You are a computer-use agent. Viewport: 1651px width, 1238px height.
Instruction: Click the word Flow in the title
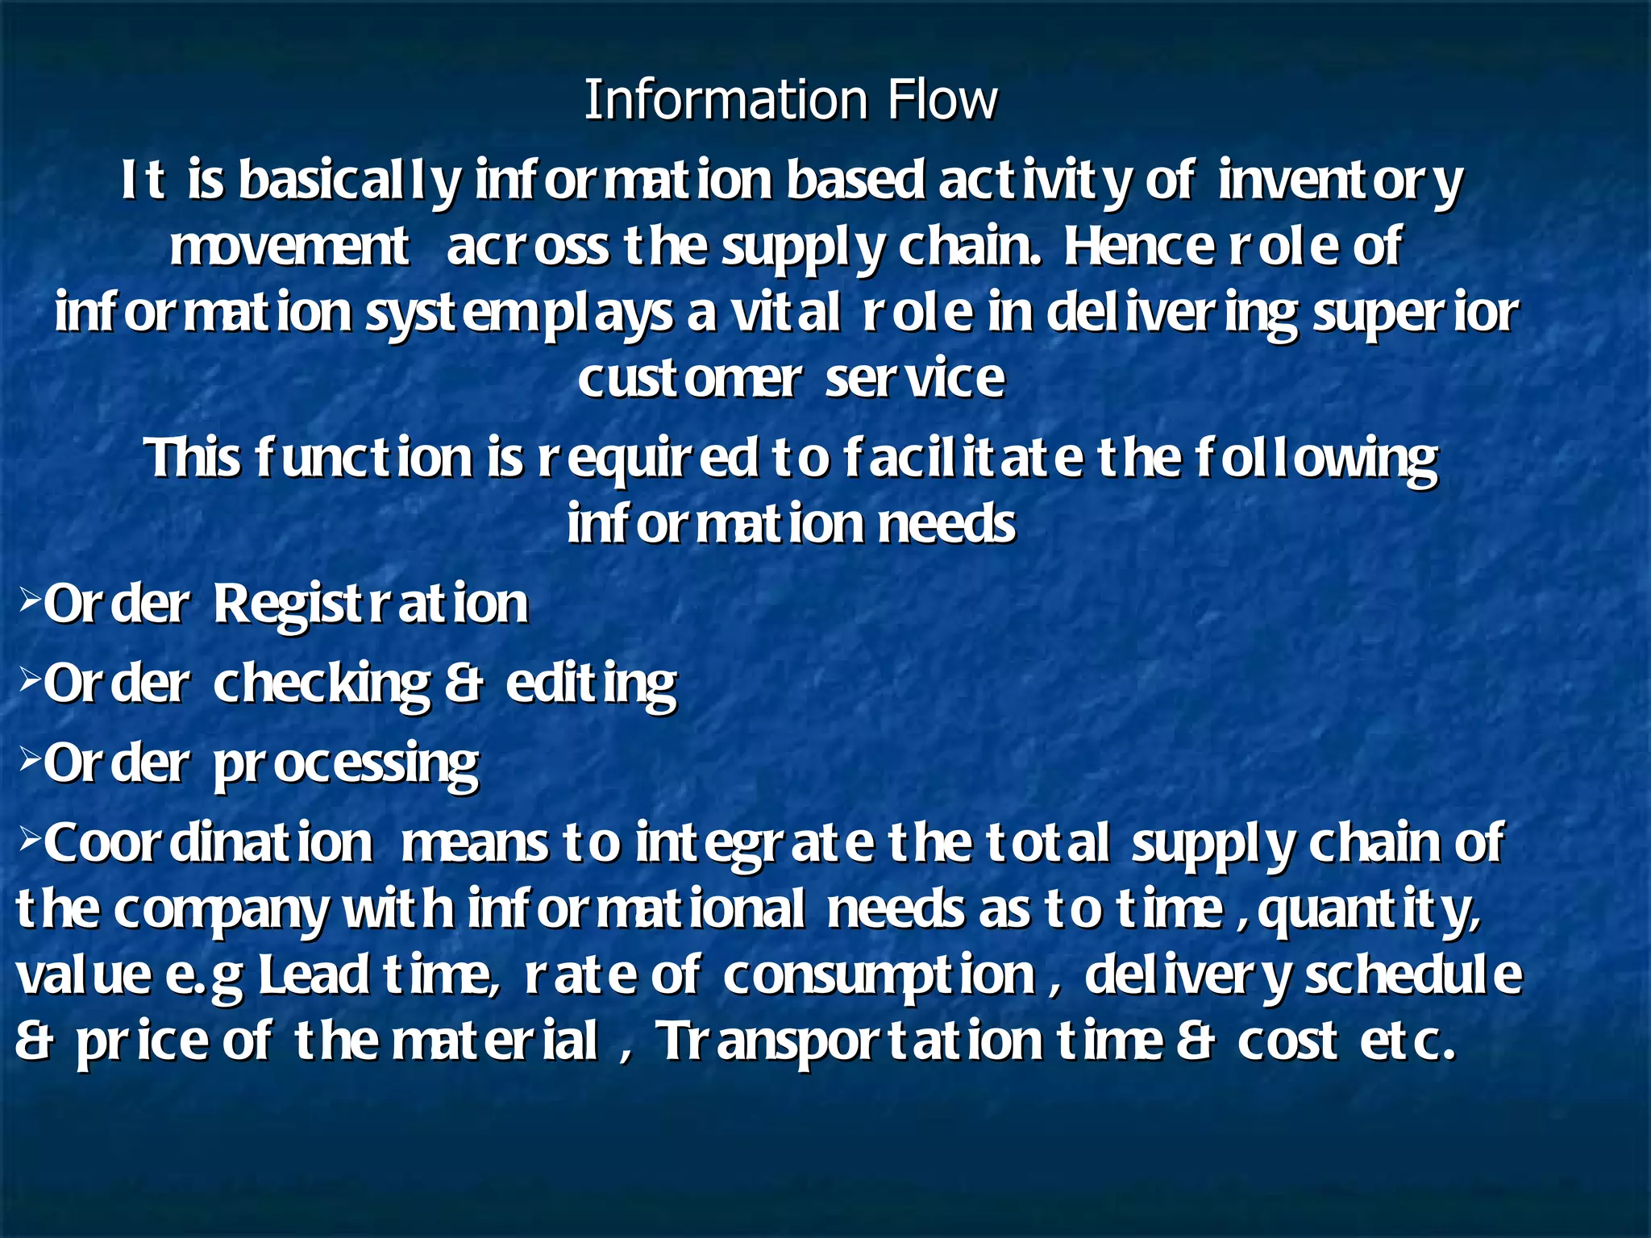pos(942,100)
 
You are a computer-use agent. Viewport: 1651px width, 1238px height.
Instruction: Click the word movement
pos(289,247)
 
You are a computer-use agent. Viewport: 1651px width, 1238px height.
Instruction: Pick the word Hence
pos(1137,247)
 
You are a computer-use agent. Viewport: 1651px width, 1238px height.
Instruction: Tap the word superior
pos(1416,314)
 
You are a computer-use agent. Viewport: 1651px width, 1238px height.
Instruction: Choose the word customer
pos(690,379)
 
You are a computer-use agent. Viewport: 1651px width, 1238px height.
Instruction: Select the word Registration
pos(371,604)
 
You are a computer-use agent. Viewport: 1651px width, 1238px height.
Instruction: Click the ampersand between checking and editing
pos(464,684)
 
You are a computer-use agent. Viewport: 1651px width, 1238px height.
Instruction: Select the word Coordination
pos(208,843)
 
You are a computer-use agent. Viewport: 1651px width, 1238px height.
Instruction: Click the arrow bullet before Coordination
pos(29,837)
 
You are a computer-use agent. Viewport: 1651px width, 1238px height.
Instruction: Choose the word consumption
pos(879,976)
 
